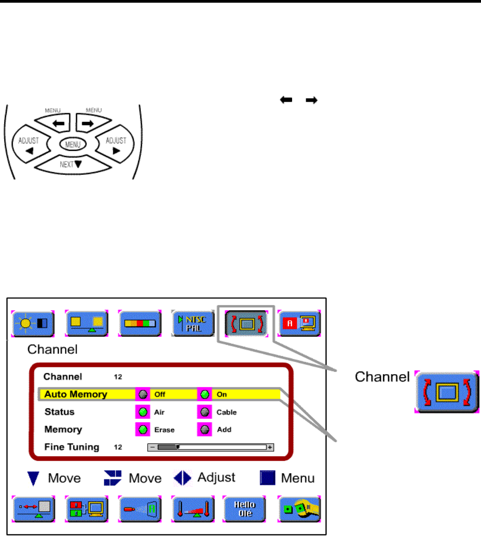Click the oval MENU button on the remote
coord(73,144)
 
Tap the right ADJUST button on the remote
coord(116,145)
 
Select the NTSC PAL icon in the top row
coord(193,323)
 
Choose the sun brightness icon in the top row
coord(33,323)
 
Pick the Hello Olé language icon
coord(244,509)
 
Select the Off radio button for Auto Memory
coord(143,395)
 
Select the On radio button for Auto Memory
coord(205,395)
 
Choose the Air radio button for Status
coord(143,412)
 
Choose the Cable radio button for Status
coord(205,412)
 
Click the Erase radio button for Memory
coord(143,430)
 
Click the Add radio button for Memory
coord(205,430)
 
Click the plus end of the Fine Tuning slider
coord(270,447)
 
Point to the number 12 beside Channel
coord(118,377)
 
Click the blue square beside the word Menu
coord(267,478)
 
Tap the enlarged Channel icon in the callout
coord(447,392)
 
